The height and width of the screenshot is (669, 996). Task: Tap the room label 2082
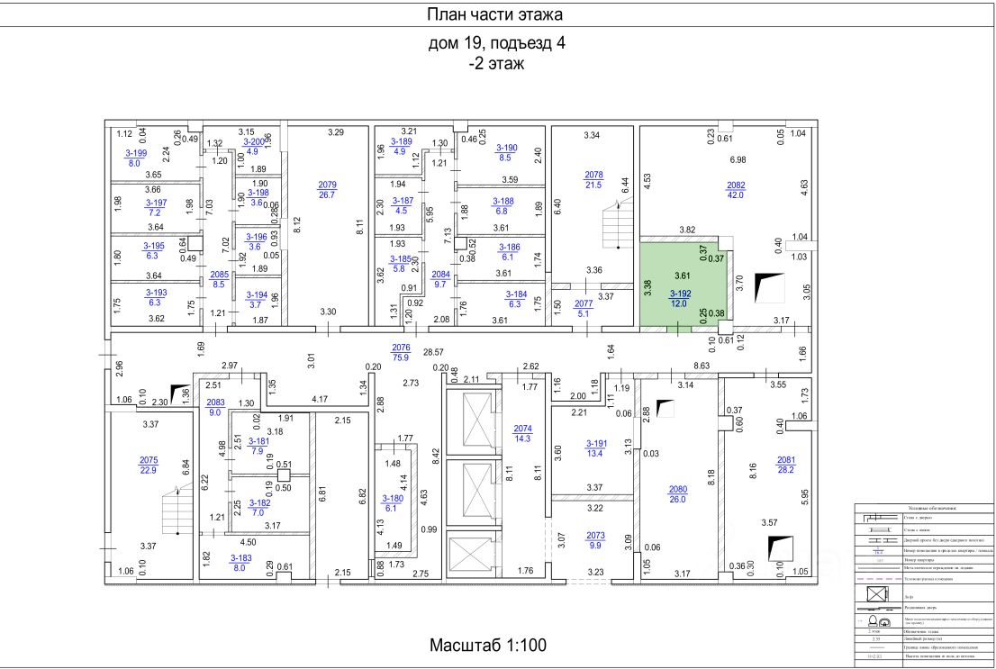click(x=736, y=185)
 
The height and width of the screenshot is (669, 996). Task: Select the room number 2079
click(x=327, y=185)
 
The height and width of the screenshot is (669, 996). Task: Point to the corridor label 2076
click(x=401, y=347)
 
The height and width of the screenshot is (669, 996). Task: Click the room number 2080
click(x=677, y=490)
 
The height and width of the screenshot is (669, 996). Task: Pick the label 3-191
click(x=596, y=444)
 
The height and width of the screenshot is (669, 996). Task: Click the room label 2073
click(x=596, y=535)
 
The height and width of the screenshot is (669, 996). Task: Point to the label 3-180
click(x=393, y=498)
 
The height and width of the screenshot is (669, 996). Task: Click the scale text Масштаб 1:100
click(x=487, y=646)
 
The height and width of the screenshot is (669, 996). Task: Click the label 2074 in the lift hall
click(x=522, y=429)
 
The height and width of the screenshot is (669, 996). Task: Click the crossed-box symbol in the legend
click(x=876, y=595)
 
